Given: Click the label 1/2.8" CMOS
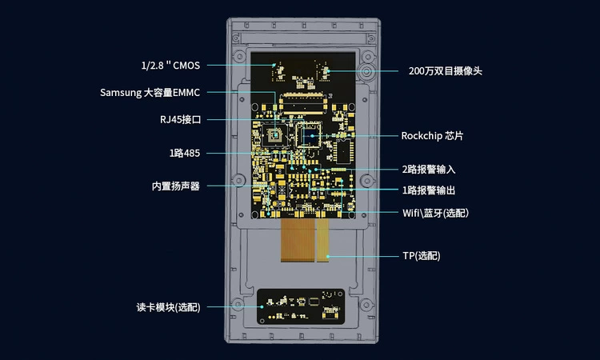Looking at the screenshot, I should (x=170, y=66).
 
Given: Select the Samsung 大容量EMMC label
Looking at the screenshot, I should (x=150, y=93).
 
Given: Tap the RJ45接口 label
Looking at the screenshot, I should (x=180, y=120).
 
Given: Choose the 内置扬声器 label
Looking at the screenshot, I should (x=175, y=186).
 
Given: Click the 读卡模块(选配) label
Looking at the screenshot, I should (x=168, y=307).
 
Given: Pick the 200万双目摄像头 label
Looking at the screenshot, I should (x=445, y=71).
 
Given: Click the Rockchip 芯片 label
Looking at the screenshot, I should (x=432, y=136).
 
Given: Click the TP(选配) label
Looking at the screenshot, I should (x=421, y=256).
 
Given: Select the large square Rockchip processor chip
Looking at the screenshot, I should (x=309, y=135).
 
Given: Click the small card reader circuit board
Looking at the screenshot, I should (x=301, y=305).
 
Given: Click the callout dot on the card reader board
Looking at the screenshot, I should (x=262, y=306).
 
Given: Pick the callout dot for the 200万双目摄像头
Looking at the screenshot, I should (x=329, y=71).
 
